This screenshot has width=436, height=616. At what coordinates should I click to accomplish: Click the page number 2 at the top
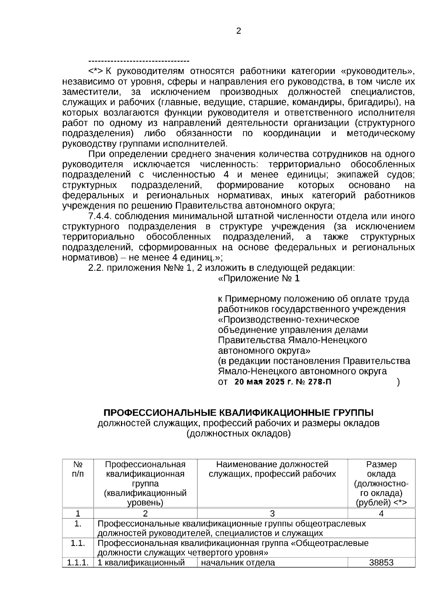pyautogui.click(x=238, y=31)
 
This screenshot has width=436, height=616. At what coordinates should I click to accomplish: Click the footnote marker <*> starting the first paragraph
pyautogui.click(x=96, y=71)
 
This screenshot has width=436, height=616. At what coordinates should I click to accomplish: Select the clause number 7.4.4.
pyautogui.click(x=101, y=216)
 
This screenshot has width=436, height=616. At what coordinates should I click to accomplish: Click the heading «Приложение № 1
pyautogui.click(x=259, y=279)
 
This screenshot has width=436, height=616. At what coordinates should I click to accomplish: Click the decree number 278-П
pyautogui.click(x=319, y=382)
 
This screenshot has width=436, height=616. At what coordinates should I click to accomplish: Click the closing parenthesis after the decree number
pyautogui.click(x=399, y=382)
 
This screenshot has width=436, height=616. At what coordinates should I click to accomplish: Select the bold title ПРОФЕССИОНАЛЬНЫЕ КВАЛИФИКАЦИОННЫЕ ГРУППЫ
pyautogui.click(x=238, y=413)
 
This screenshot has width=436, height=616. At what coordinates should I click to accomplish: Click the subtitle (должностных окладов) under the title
pyautogui.click(x=238, y=433)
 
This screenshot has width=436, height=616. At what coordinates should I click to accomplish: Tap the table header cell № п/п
pyautogui.click(x=78, y=469)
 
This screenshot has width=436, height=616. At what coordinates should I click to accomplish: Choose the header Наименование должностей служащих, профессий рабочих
pyautogui.click(x=272, y=469)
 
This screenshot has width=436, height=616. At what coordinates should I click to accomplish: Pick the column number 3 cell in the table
pyautogui.click(x=272, y=513)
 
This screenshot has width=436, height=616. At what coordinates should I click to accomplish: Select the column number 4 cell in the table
pyautogui.click(x=381, y=513)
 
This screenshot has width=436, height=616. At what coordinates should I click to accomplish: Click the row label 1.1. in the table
pyautogui.click(x=78, y=543)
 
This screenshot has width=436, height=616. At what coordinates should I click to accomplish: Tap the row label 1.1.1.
pyautogui.click(x=78, y=563)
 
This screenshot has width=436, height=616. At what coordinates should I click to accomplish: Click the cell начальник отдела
pyautogui.click(x=238, y=563)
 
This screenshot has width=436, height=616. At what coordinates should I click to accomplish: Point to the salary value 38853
pyautogui.click(x=381, y=563)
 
